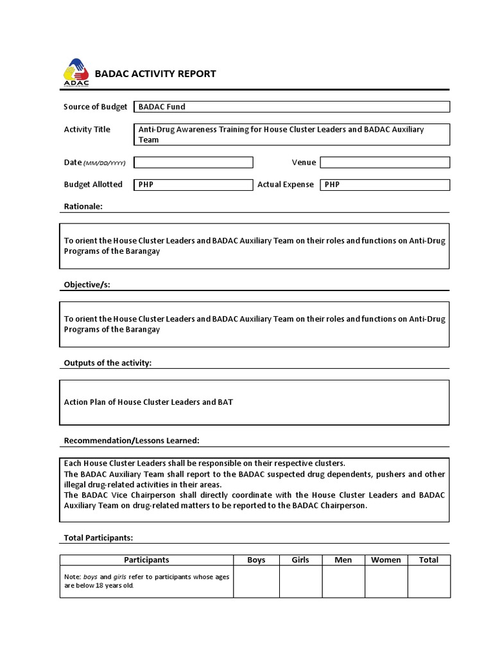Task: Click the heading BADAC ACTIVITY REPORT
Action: tap(155, 74)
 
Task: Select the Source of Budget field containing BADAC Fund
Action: tap(291, 107)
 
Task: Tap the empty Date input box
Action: tap(193, 163)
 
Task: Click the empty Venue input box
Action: tap(385, 163)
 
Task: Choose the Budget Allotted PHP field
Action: tap(193, 185)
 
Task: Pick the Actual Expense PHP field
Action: tap(385, 185)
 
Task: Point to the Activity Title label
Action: tap(87, 130)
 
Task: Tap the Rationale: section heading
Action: tap(83, 207)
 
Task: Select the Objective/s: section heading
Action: tap(87, 285)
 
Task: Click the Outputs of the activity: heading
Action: tap(107, 363)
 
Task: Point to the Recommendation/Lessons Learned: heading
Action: tap(131, 441)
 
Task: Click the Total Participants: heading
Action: tap(98, 538)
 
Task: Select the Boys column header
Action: tap(256, 560)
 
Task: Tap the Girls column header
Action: tap(300, 560)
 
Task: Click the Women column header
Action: tap(386, 560)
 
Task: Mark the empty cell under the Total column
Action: tap(429, 582)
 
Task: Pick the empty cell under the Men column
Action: tap(343, 582)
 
